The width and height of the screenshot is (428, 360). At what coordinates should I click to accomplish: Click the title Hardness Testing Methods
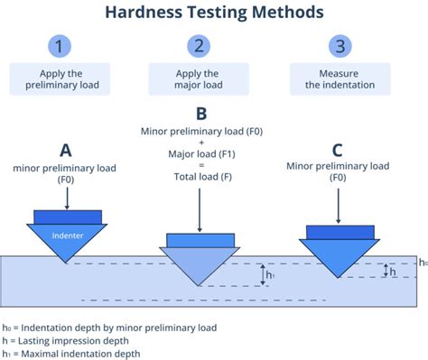coord(214,14)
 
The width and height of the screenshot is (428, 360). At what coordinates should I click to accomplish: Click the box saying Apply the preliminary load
coord(60,79)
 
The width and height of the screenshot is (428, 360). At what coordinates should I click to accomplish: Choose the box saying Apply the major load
coord(198,79)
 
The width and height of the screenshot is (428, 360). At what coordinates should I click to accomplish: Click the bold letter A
coord(66,150)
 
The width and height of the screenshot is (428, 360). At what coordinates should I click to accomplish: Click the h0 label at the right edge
coord(422,263)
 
